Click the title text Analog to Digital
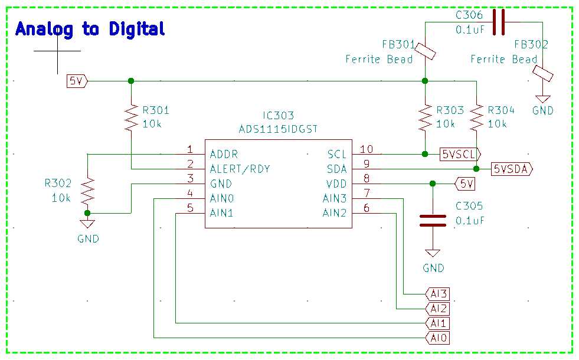tap(90, 28)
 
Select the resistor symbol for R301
tap(130, 117)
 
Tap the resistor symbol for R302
tap(87, 190)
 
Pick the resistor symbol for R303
tap(425, 117)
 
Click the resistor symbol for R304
tap(477, 117)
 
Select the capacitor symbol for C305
tap(433, 220)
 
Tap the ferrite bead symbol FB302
tap(542, 74)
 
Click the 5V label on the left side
tap(77, 81)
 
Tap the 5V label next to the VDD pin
tap(465, 184)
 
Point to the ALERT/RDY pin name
tap(240, 169)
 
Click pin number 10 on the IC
tap(367, 149)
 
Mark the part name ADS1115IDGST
tap(278, 129)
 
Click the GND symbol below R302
tap(87, 224)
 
